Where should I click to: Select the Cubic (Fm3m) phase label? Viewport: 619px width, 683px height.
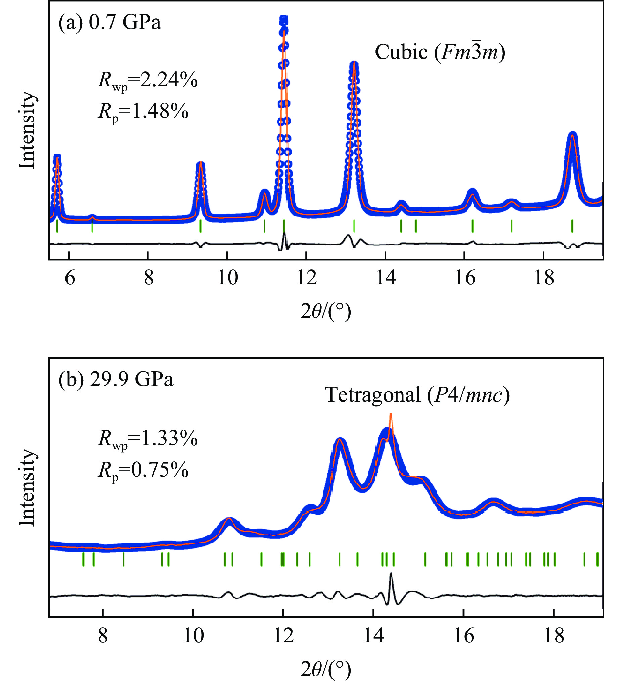click(440, 52)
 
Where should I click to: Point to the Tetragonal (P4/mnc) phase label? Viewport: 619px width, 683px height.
click(417, 395)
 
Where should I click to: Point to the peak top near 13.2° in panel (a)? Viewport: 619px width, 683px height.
click(354, 63)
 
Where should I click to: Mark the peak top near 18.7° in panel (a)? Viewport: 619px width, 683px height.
click(572, 135)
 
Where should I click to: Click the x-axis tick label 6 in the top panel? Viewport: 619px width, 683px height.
click(70, 278)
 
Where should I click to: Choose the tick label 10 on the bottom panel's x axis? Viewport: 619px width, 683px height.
click(193, 636)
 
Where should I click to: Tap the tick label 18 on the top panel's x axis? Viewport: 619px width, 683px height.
click(544, 278)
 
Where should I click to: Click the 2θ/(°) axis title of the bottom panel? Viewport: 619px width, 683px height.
click(325, 669)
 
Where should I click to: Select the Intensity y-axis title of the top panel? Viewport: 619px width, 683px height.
click(27, 130)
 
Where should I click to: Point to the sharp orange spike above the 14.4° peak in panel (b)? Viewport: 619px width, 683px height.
click(391, 415)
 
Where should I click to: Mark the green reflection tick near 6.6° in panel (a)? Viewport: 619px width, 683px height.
click(92, 226)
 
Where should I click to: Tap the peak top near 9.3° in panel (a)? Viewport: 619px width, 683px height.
click(201, 164)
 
